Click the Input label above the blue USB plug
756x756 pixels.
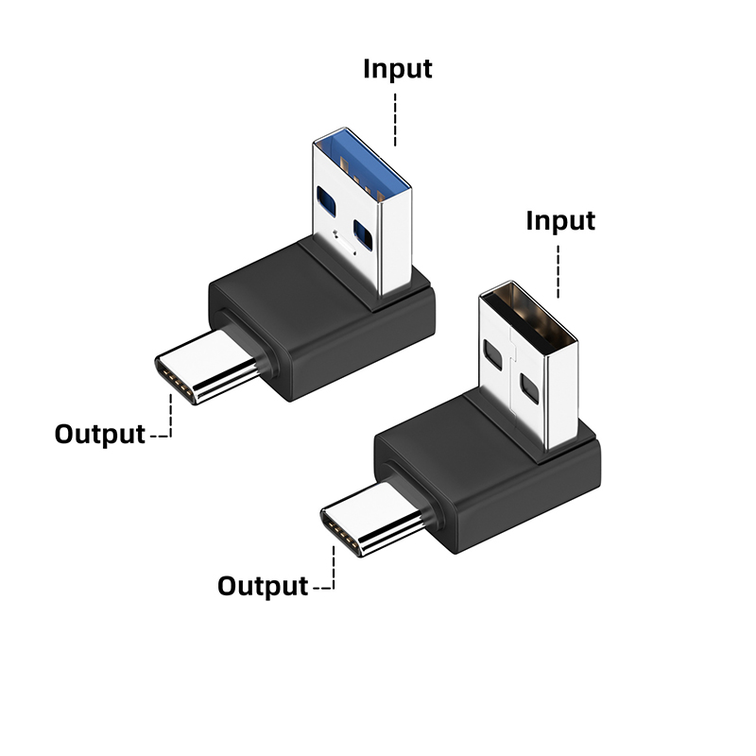398,70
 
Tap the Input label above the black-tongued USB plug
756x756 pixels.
560,221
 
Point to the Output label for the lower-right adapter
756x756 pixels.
263,586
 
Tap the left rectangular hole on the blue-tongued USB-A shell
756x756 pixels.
327,199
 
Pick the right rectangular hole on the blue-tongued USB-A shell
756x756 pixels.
363,232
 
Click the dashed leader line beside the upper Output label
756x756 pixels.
167,421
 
